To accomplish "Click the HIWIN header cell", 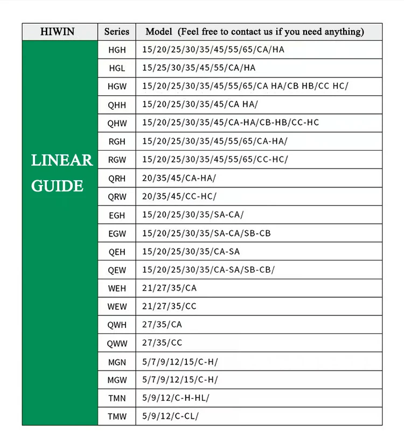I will pos(59,32).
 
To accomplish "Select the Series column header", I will pos(116,32).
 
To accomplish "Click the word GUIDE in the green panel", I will pos(57,186).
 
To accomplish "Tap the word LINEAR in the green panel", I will pos(61,160).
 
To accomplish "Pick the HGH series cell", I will pos(117,50).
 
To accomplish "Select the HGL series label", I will pos(116,68).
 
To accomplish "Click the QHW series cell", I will pos(117,123).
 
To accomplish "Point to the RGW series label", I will pos(117,160).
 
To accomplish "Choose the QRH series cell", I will pos(117,178).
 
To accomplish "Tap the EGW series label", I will pos(117,233).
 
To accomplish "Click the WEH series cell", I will pos(117,288).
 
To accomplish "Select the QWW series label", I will pos(117,343).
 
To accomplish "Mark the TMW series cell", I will pos(117,416).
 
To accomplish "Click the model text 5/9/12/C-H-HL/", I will pos(175,398).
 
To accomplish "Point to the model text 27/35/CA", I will pos(162,324).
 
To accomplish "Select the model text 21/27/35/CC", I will pos(169,306).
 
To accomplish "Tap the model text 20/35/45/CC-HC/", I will pos(179,196).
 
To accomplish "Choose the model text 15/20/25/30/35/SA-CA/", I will pos(193,215).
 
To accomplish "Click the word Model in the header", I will pos(158,32).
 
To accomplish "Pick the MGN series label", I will pos(117,361).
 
